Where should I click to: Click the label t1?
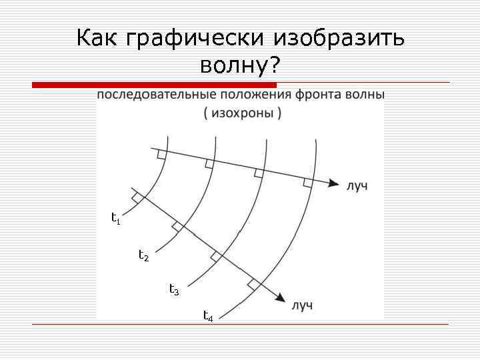point(115,217)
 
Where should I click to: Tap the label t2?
point(143,255)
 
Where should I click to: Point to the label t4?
point(208,315)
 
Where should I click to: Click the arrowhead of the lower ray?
point(283,301)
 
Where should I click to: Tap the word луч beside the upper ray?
point(357,185)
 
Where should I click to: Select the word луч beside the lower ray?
point(302,306)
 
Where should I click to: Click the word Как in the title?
point(97,38)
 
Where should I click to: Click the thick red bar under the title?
point(154,85)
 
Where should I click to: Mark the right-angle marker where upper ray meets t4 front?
point(307,182)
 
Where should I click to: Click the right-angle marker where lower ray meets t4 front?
point(253,285)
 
